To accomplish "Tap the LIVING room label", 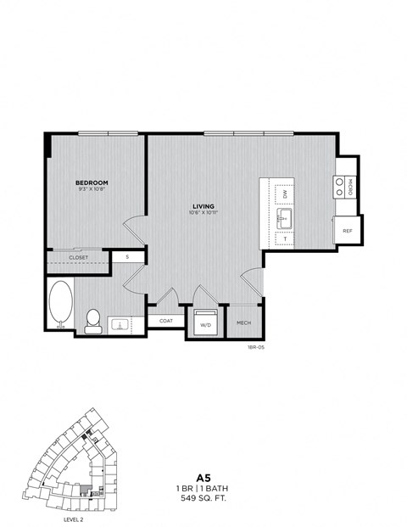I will pyautogui.click(x=203, y=206).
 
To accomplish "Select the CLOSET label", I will pyautogui.click(x=78, y=256).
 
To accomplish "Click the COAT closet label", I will pyautogui.click(x=165, y=321).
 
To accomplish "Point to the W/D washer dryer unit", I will pyautogui.click(x=206, y=324).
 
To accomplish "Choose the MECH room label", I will pyautogui.click(x=243, y=322).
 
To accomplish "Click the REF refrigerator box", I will pyautogui.click(x=348, y=230).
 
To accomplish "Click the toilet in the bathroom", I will pyautogui.click(x=94, y=320).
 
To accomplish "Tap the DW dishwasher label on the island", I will pyautogui.click(x=285, y=194).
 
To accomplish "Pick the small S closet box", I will pyautogui.click(x=127, y=255).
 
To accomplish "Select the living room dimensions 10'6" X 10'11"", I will pyautogui.click(x=203, y=214).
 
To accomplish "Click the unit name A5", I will pyautogui.click(x=203, y=478).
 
